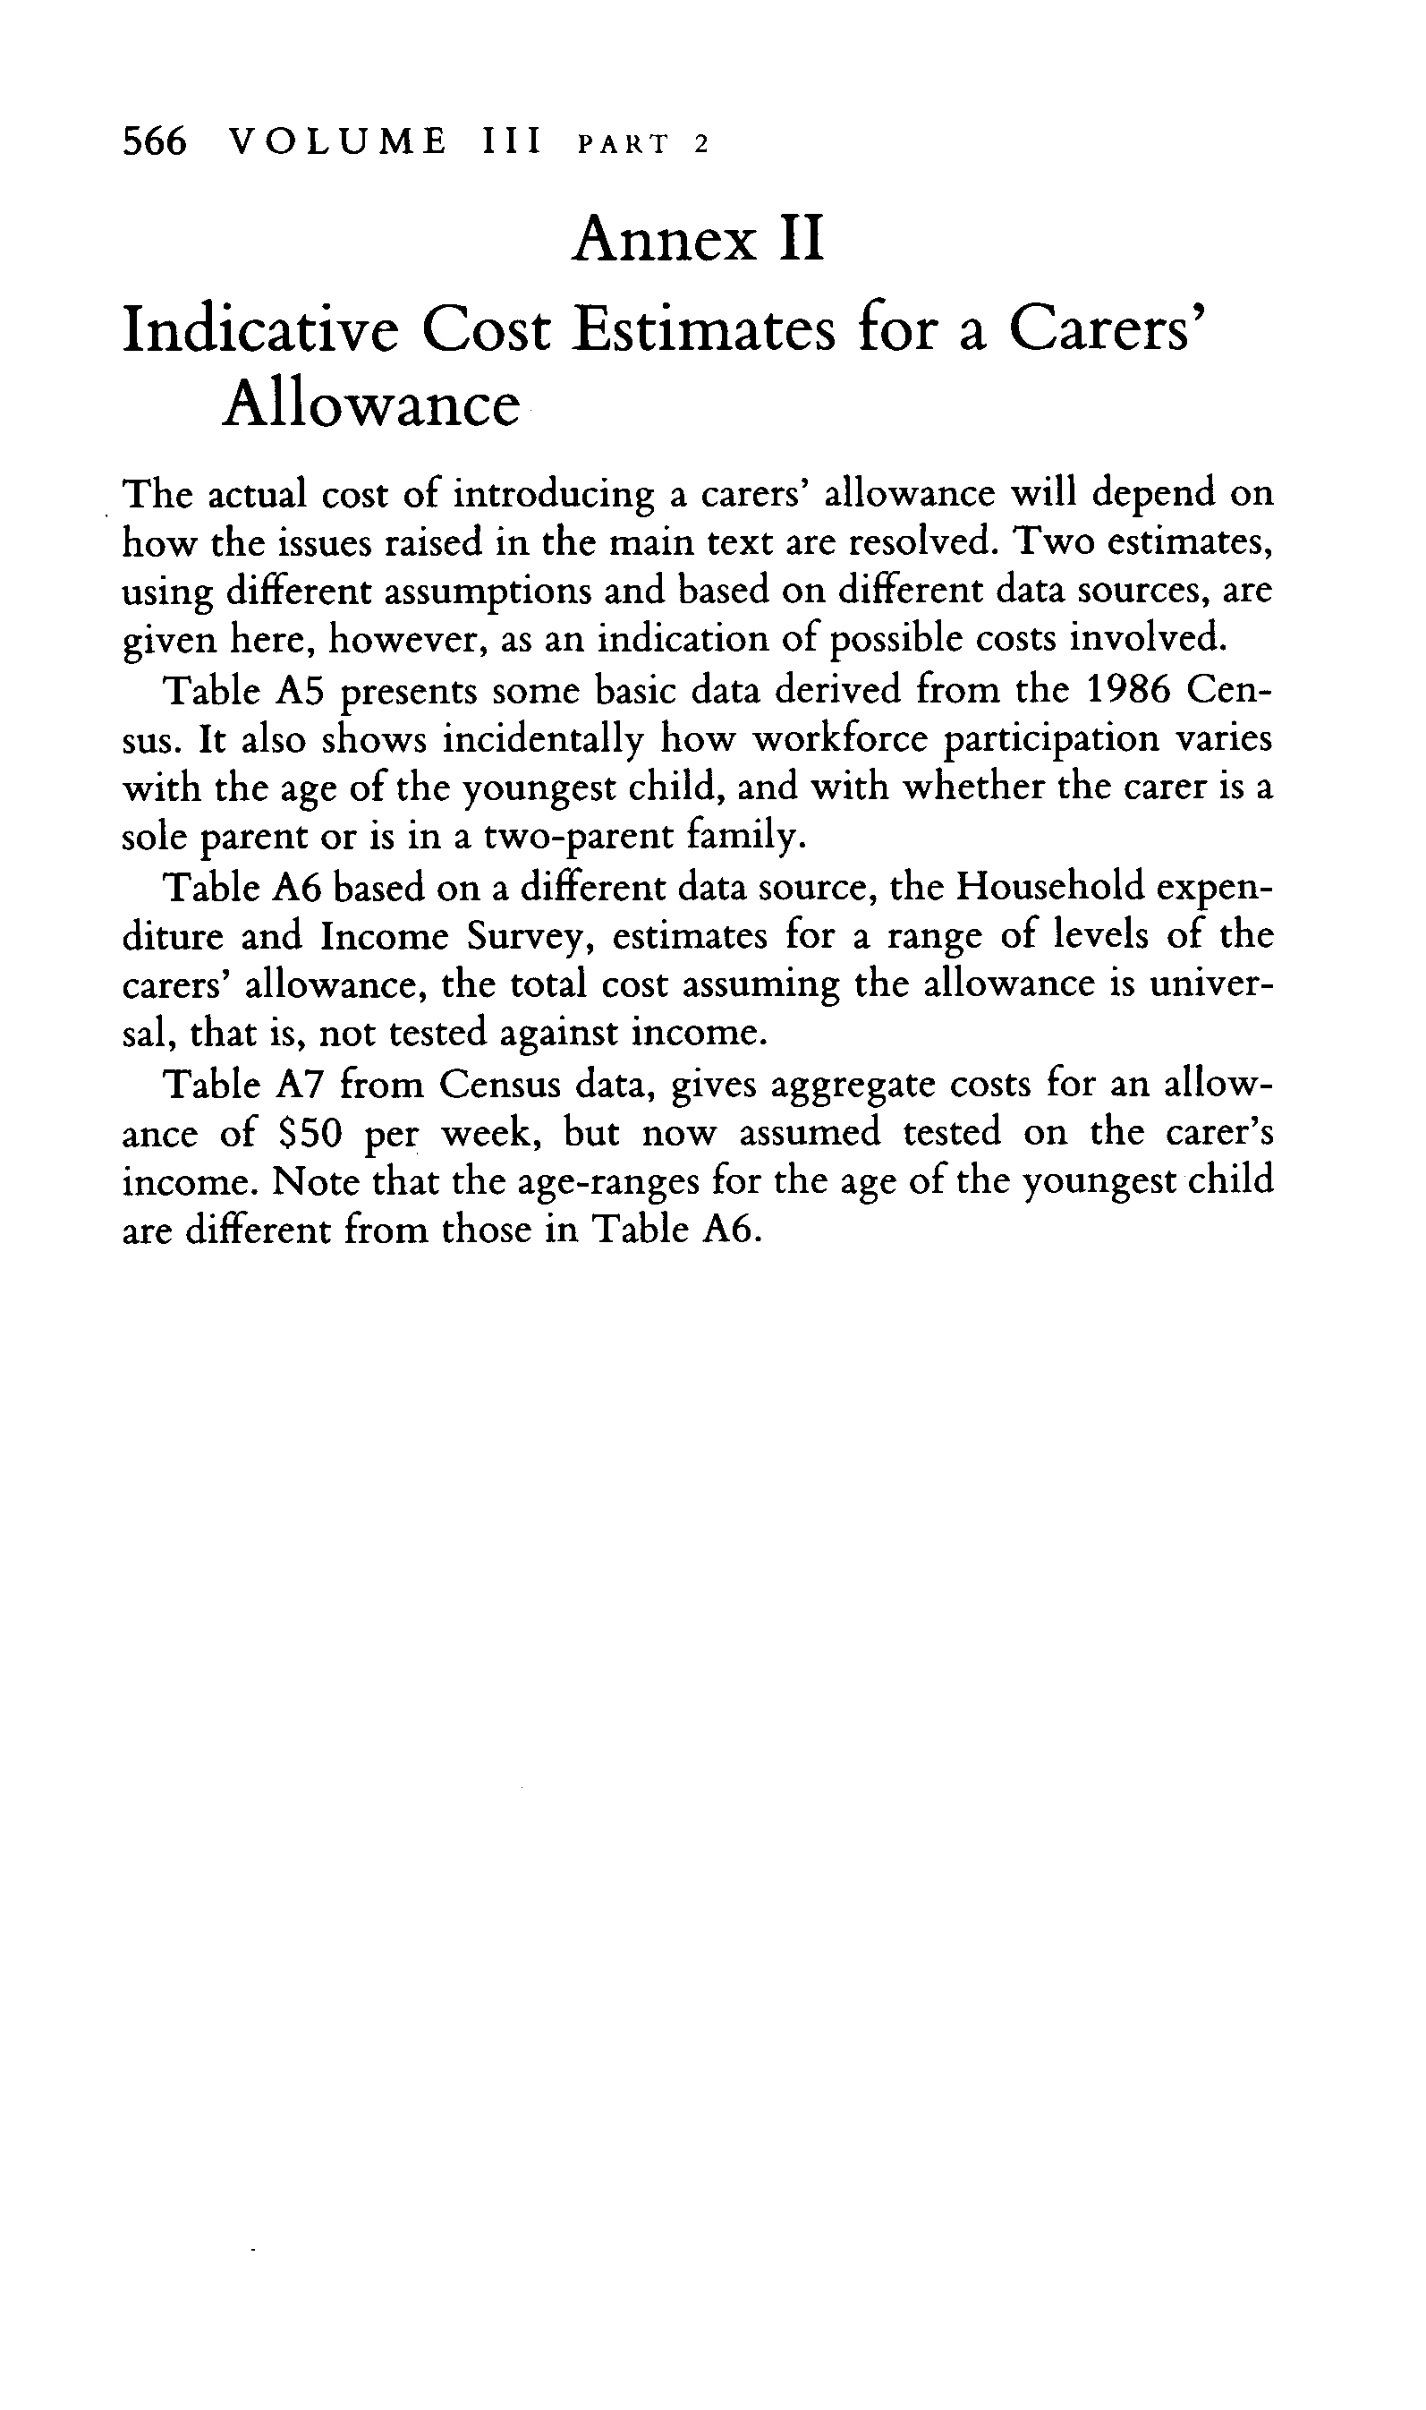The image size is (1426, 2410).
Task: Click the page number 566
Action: pos(154,142)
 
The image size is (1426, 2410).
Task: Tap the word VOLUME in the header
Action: pos(339,142)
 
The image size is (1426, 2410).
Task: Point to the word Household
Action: pos(1049,886)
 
